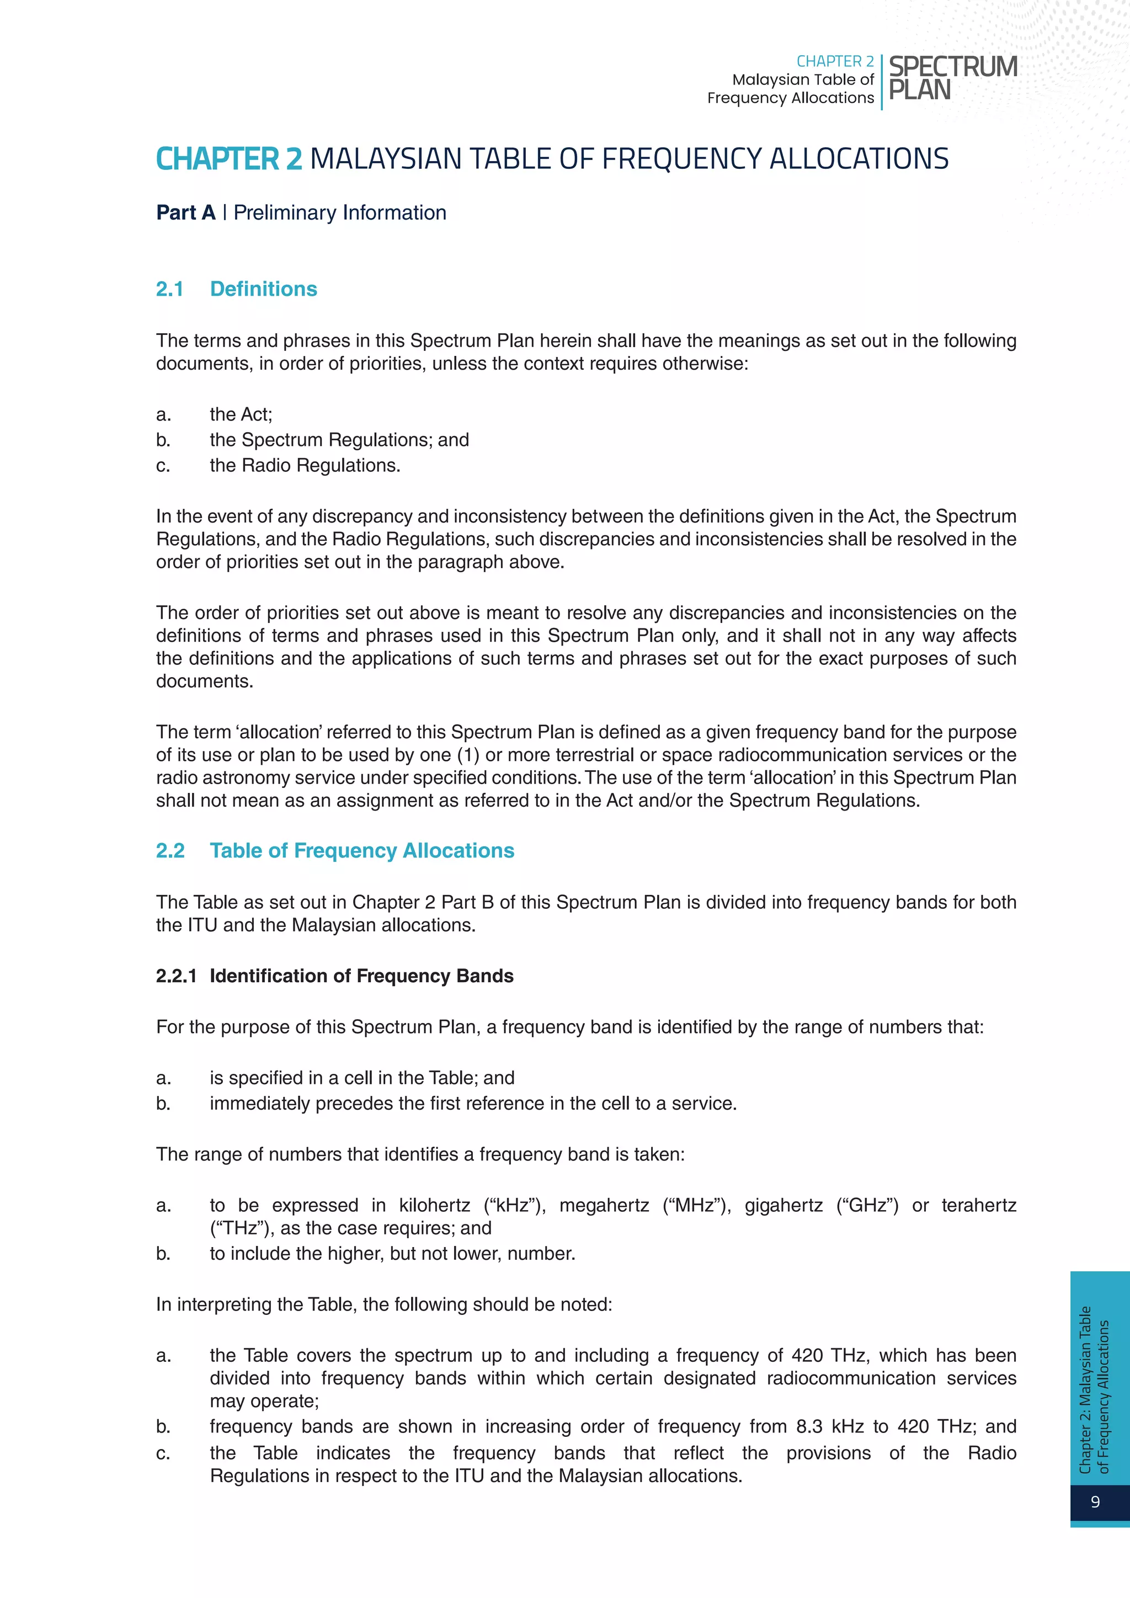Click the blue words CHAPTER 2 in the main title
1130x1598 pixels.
(229, 159)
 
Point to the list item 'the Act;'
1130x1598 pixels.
(241, 415)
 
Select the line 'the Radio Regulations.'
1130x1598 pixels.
(305, 466)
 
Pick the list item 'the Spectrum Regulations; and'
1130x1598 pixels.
(339, 440)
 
